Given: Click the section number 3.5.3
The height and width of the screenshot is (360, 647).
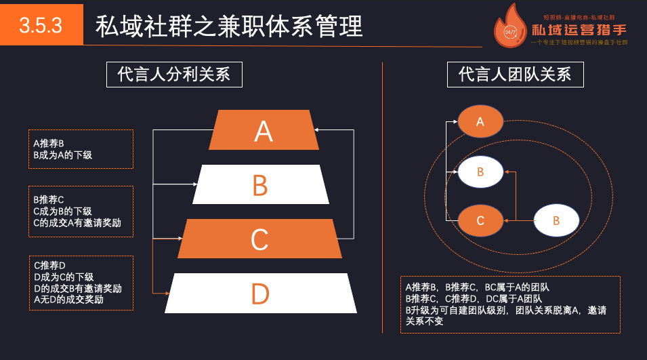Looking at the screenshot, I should [41, 25].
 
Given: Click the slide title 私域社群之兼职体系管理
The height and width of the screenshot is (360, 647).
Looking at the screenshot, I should [229, 26].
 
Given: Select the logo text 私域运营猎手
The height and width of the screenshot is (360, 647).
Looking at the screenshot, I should [579, 31].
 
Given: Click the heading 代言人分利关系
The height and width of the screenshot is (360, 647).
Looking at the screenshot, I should [174, 75].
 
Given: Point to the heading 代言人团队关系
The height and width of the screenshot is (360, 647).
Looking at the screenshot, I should [515, 75].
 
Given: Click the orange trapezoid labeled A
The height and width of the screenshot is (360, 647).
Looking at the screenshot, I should [264, 130].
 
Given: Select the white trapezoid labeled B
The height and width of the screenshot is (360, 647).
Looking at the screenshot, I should [261, 184].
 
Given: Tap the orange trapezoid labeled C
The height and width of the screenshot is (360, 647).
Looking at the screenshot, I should [260, 239].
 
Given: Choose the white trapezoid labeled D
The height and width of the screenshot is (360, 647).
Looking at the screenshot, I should [261, 294].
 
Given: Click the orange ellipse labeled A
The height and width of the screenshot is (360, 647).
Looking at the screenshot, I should [480, 122].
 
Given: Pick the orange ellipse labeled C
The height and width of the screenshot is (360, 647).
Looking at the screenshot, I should [480, 221].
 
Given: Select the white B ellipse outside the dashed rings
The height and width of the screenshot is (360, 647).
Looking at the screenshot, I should [556, 221].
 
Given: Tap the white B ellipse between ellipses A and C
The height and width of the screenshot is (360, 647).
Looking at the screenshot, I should [480, 172].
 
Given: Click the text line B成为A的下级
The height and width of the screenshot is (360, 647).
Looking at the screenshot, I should [62, 155].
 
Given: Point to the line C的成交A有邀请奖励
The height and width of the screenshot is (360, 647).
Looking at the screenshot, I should [77, 222].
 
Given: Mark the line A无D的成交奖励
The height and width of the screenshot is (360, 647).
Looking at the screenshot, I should [68, 299].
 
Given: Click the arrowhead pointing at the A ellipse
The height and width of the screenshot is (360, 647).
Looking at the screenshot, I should [455, 122].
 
